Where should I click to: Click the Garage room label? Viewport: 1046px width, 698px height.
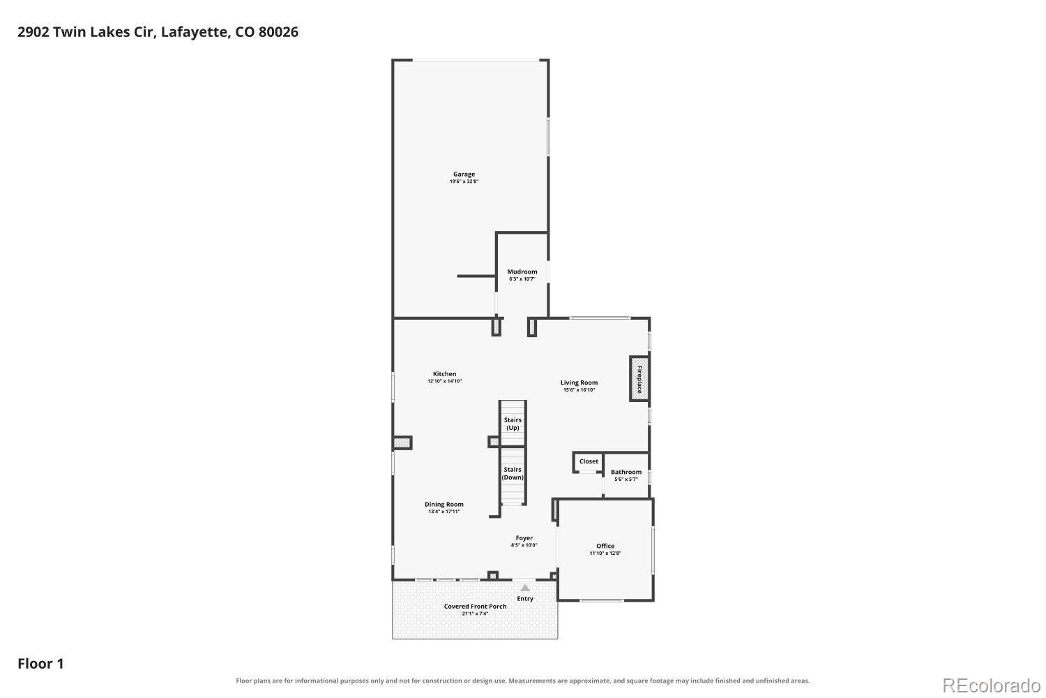(464, 174)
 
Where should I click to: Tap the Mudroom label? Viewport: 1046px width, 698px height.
(522, 272)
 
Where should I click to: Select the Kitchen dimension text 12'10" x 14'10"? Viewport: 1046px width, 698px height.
(445, 381)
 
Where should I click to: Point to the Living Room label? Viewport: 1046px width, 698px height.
(579, 383)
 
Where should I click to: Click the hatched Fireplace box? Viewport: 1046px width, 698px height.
(639, 379)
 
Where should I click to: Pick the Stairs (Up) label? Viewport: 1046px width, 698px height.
(513, 424)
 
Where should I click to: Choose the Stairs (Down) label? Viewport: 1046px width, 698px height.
(513, 473)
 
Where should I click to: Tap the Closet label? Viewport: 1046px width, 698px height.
(589, 461)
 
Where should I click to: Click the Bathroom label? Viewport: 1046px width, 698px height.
(626, 472)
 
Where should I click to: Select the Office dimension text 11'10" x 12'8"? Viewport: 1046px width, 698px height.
(605, 553)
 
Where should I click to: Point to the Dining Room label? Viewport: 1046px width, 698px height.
(444, 505)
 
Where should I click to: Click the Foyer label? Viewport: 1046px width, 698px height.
(524, 538)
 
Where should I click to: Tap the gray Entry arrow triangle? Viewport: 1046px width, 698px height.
(525, 588)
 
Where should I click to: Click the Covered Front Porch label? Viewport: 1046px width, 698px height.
(475, 607)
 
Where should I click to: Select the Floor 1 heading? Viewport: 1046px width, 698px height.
(40, 664)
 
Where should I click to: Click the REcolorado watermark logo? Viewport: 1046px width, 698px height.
(992, 686)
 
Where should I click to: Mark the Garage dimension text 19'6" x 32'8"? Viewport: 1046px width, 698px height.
(464, 181)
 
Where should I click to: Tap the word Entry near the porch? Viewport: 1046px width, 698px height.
(525, 599)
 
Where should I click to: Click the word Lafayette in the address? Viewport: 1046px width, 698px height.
(196, 32)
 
